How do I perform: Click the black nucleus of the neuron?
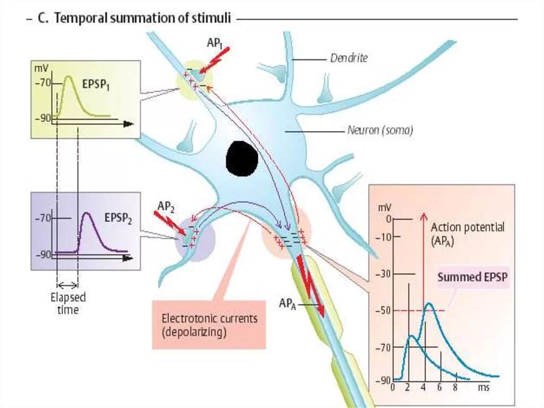242,159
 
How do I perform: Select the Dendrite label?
348,59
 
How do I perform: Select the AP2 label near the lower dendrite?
166,206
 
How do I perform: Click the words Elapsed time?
68,303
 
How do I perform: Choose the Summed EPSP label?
472,277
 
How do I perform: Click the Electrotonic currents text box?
209,325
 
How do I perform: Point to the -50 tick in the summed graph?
385,310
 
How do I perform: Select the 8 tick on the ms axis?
455,388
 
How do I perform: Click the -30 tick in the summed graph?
385,274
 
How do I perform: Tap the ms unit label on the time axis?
483,388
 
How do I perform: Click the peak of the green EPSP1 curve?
69,77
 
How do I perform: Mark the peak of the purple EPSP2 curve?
89,213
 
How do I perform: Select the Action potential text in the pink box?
467,227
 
